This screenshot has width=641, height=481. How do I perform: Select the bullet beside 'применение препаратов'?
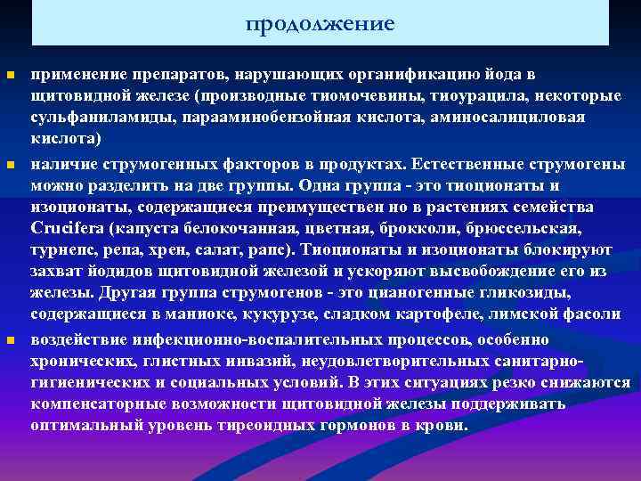[10, 74]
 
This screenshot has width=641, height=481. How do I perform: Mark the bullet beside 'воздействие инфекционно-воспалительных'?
[10, 341]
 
